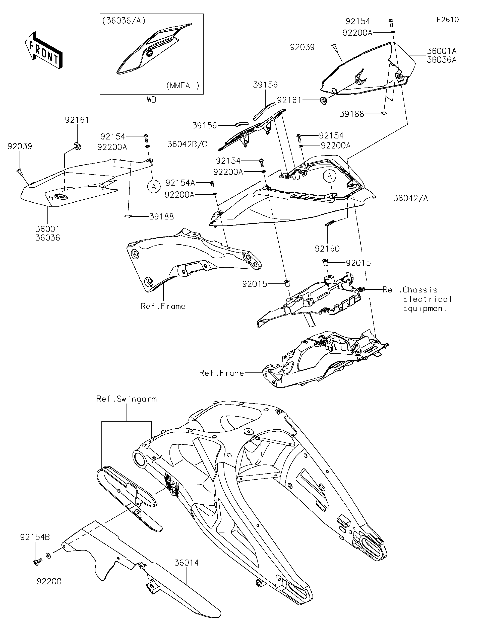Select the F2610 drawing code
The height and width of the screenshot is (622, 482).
(448, 20)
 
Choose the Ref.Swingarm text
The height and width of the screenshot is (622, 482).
(127, 399)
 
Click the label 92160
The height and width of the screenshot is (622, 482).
(327, 249)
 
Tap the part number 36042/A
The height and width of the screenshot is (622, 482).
(410, 198)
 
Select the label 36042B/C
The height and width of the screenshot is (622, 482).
(187, 144)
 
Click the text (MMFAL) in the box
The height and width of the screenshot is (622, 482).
(183, 86)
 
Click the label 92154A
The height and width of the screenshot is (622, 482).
(180, 183)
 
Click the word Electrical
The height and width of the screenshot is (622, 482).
(427, 299)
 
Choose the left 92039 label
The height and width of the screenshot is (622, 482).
(20, 146)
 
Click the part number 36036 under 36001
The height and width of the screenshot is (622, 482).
(48, 238)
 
